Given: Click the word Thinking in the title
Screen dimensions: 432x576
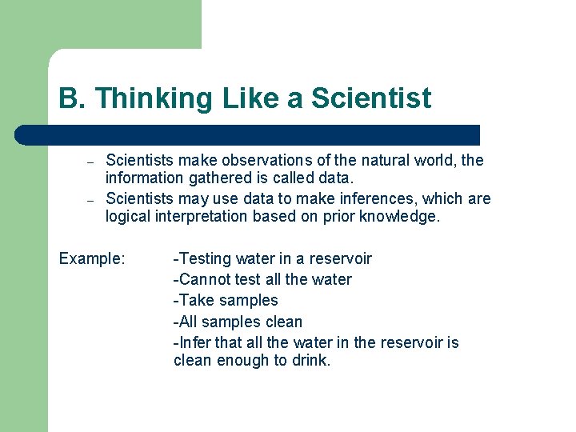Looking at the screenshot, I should (x=146, y=99).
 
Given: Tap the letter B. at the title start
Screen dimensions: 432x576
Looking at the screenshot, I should (x=72, y=99).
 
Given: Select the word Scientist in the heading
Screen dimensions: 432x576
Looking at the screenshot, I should (x=371, y=99).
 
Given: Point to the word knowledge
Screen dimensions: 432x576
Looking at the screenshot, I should (x=402, y=218).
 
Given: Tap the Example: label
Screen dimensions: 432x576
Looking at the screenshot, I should (x=92, y=259).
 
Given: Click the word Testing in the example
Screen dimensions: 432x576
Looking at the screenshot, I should (x=204, y=259).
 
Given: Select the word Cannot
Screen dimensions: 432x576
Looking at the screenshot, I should (x=203, y=280).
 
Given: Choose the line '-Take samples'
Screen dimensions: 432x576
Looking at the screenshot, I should (x=226, y=301).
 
